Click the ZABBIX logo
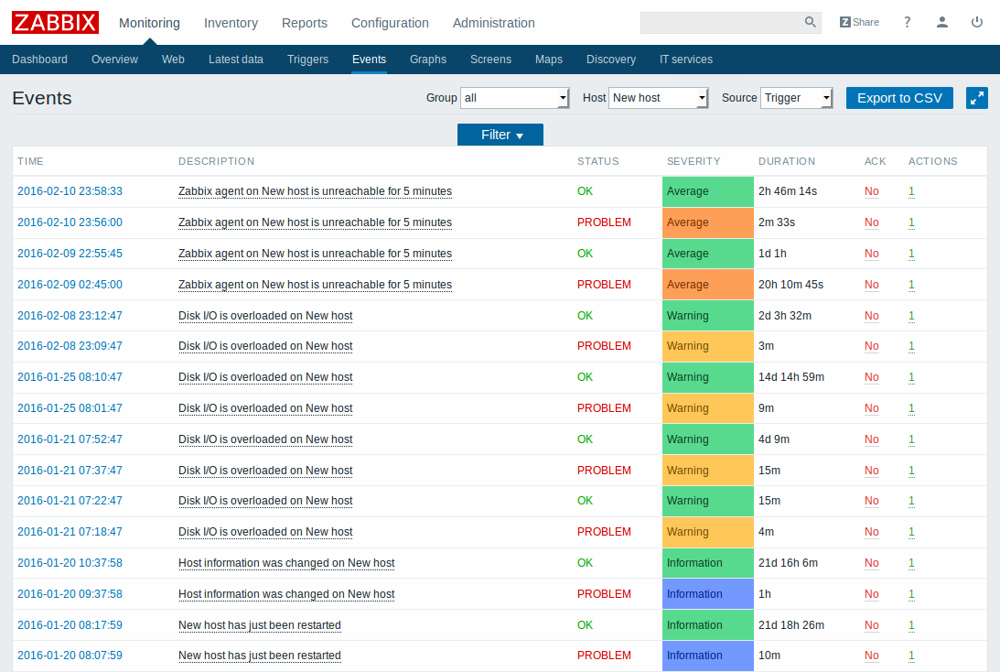pyautogui.click(x=55, y=22)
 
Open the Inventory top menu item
pyautogui.click(x=231, y=23)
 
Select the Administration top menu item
pyautogui.click(x=494, y=23)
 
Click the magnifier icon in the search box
pyautogui.click(x=810, y=22)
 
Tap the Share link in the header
pyautogui.click(x=859, y=22)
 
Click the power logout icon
pyautogui.click(x=977, y=22)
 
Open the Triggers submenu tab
pyautogui.click(x=307, y=60)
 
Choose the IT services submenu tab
pyautogui.click(x=686, y=60)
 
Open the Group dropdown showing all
pyautogui.click(x=515, y=98)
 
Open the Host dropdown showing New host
pyautogui.click(x=659, y=98)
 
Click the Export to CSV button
pyautogui.click(x=899, y=98)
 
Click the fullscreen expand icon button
pyautogui.click(x=977, y=98)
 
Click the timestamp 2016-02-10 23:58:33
pyautogui.click(x=70, y=191)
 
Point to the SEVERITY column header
pyautogui.click(x=694, y=161)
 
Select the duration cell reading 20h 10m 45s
pyautogui.click(x=790, y=285)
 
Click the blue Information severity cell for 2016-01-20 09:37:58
pyautogui.click(x=707, y=594)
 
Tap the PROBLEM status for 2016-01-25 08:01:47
pyautogui.click(x=604, y=408)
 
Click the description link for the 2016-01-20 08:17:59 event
pyautogui.click(x=260, y=625)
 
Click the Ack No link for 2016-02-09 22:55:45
pyautogui.click(x=871, y=254)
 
